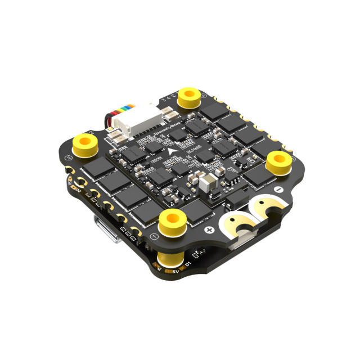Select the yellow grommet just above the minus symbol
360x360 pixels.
point(278,160)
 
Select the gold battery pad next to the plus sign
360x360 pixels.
point(239,223)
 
